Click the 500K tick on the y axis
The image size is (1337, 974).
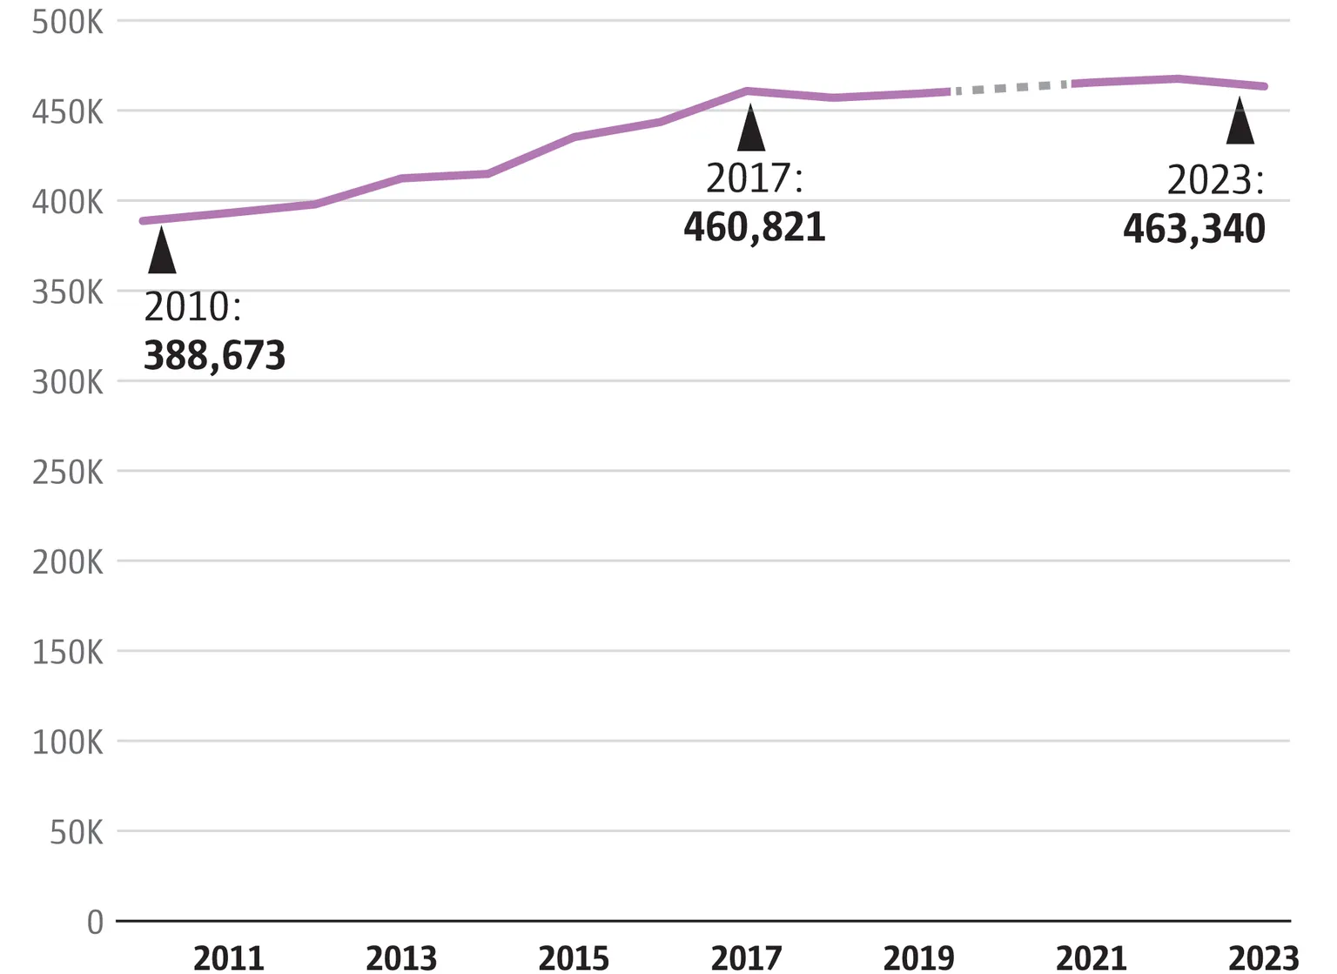[67, 22]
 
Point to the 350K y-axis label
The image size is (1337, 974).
[67, 292]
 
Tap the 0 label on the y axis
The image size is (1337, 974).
[95, 922]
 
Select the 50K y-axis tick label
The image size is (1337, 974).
[76, 833]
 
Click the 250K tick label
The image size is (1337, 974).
[67, 473]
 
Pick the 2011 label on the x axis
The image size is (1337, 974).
[228, 958]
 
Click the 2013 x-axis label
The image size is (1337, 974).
[401, 958]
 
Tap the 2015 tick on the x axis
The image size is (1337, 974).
[574, 958]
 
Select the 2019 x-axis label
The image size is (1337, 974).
[918, 958]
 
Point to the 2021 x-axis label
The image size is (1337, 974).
[1091, 958]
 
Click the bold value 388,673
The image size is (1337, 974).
[214, 356]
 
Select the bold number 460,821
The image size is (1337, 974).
[754, 227]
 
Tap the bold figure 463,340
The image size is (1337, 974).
[1193, 229]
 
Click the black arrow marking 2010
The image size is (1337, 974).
[162, 252]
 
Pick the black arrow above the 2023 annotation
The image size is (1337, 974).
[1240, 124]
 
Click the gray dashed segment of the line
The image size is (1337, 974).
[1010, 88]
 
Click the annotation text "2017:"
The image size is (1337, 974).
[754, 178]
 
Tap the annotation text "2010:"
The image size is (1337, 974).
[192, 307]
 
